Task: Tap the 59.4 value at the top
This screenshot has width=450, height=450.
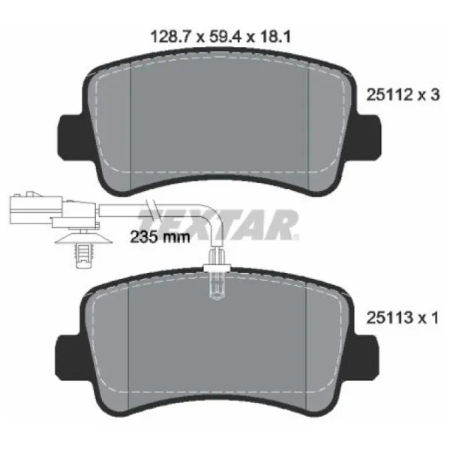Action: [x=226, y=37]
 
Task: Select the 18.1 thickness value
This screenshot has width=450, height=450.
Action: [x=275, y=37]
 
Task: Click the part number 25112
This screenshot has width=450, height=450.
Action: [x=389, y=94]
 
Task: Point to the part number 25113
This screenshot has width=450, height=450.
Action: [x=389, y=318]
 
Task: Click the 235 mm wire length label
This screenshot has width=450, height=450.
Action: [x=160, y=237]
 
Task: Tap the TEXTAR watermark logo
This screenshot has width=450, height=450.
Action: [x=218, y=224]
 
